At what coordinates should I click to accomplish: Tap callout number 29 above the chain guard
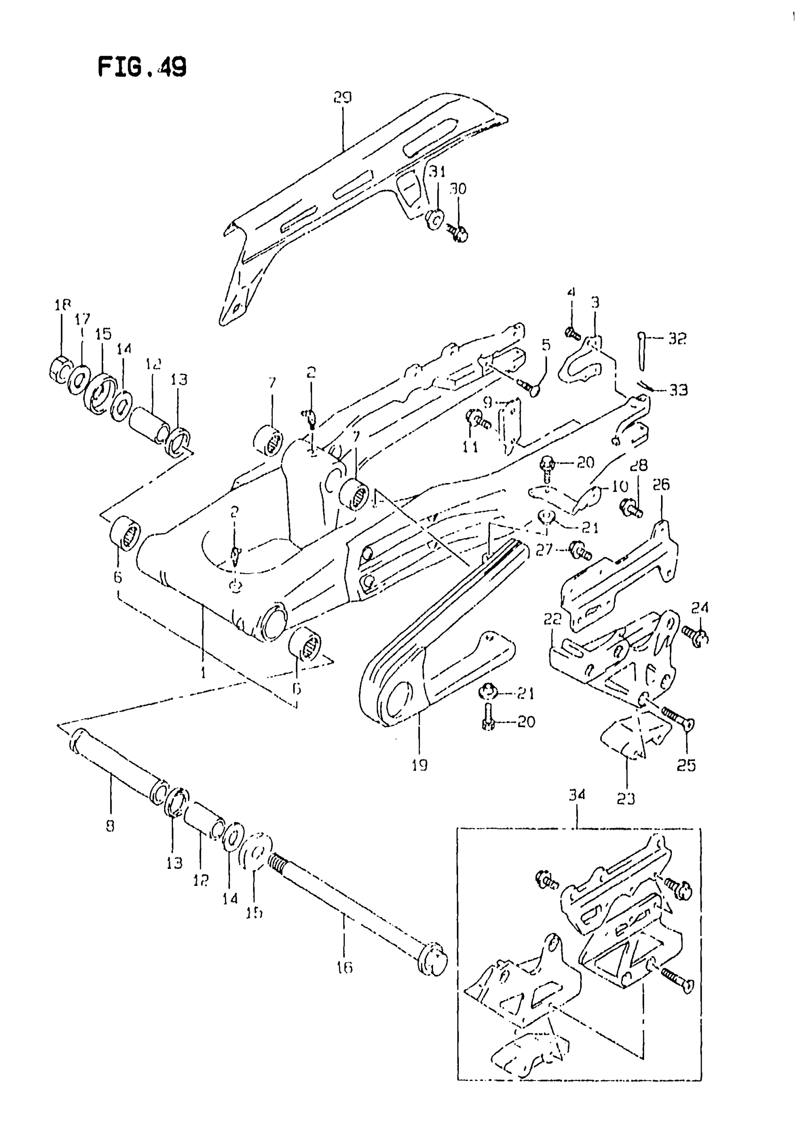342,98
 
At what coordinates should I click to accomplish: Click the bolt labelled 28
630,507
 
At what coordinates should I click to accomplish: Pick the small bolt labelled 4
572,334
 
